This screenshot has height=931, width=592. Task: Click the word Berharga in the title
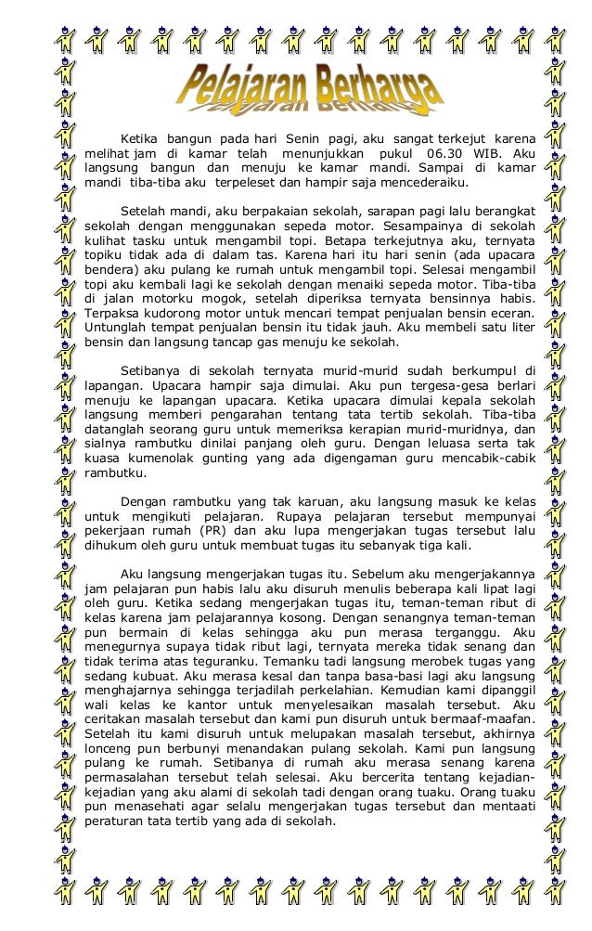pos(376,93)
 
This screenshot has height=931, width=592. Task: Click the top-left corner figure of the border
pos(61,39)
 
